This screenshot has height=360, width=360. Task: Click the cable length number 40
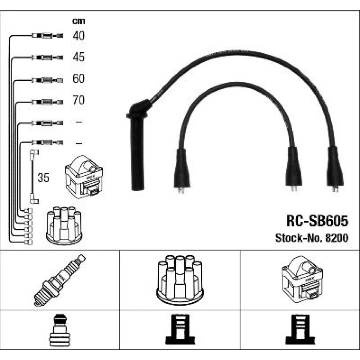78,35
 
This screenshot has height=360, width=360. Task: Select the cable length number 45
78,57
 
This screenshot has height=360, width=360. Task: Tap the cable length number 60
78,78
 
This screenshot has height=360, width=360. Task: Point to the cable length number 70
78,100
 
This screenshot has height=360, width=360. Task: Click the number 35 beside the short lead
44,178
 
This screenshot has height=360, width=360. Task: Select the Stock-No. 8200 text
312,238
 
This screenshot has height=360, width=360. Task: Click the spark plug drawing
60,280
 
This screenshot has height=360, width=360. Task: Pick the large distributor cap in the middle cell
180,279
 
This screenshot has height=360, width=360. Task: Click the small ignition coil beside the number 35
83,177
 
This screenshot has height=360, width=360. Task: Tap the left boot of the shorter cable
182,169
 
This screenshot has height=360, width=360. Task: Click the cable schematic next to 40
47,36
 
